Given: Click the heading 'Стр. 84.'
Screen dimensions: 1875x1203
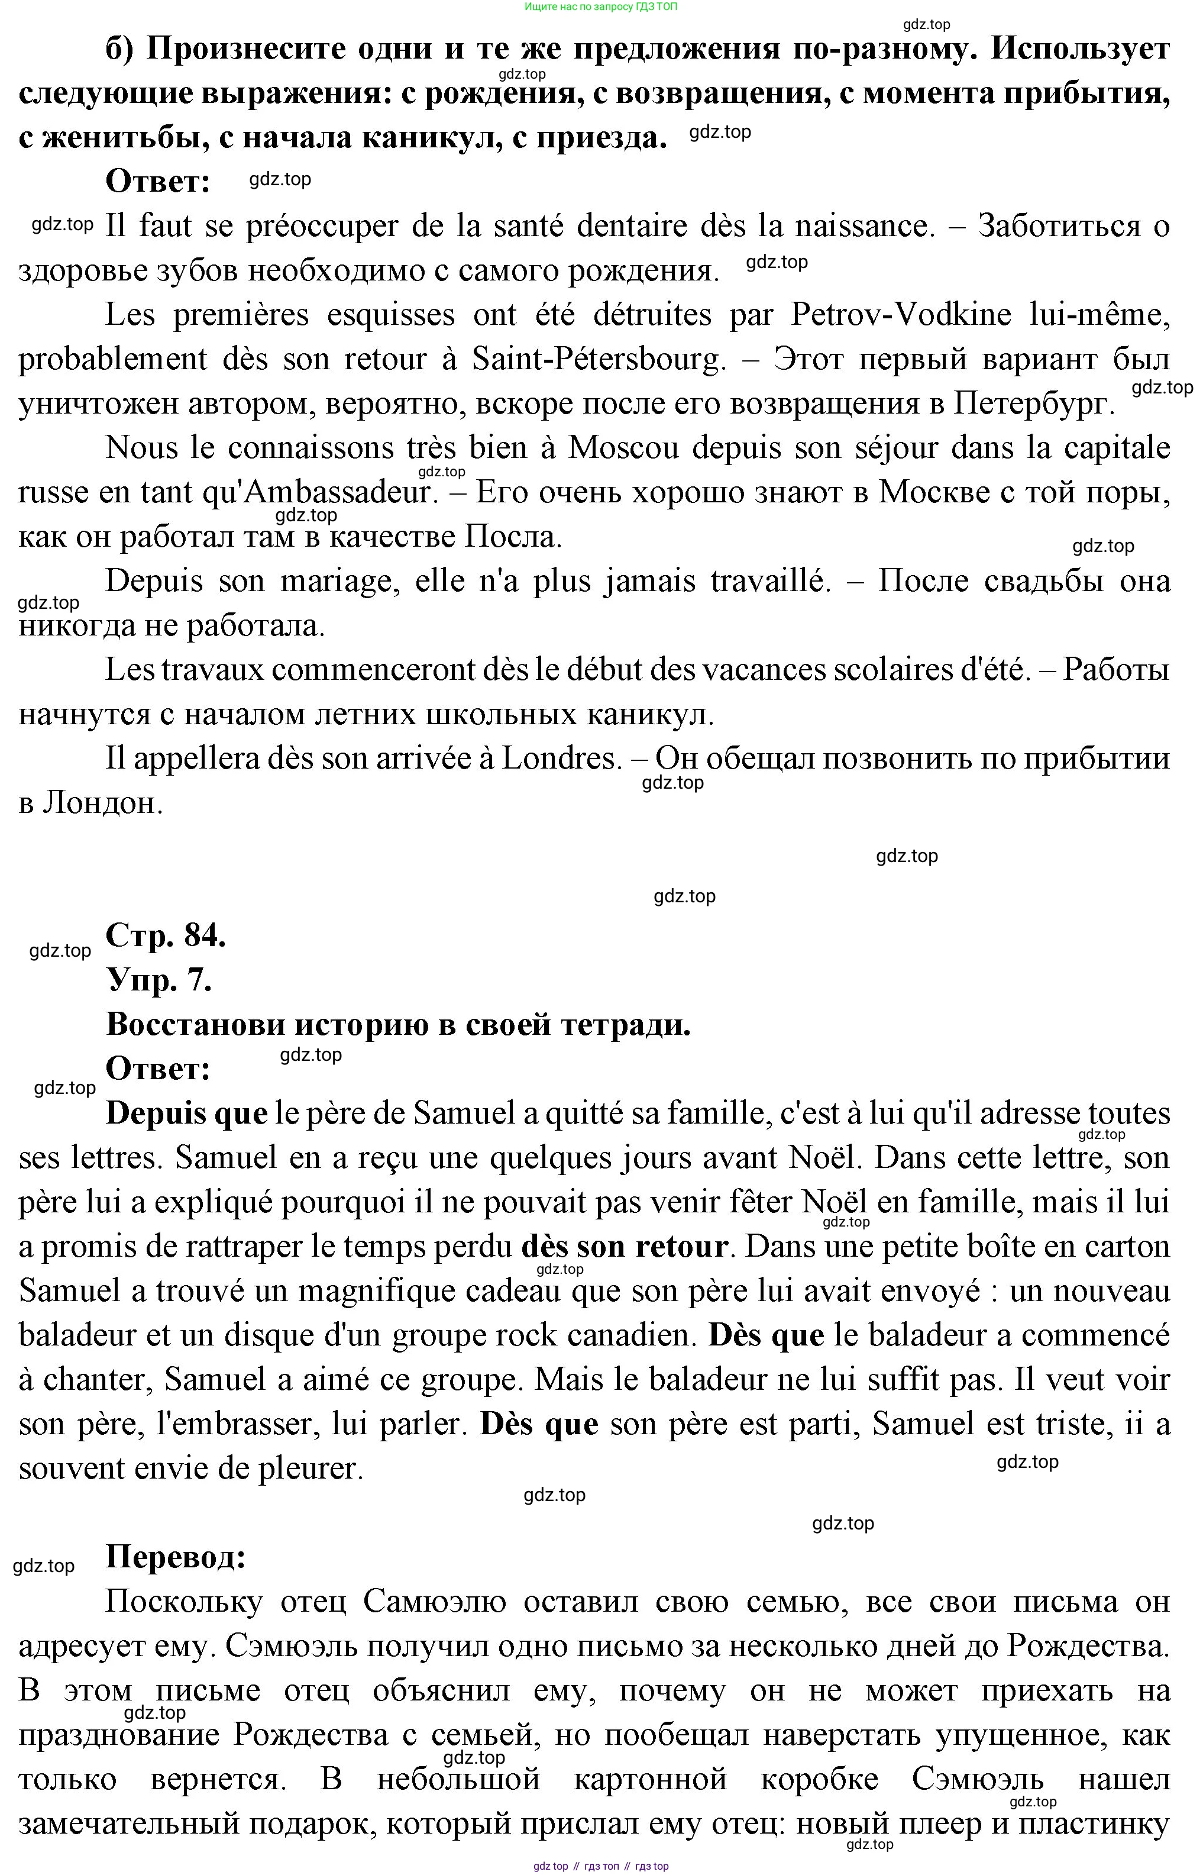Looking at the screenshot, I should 166,935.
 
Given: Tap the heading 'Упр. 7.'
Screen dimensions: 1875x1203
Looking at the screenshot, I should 159,980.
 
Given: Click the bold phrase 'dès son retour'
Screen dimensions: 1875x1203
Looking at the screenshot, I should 624,1247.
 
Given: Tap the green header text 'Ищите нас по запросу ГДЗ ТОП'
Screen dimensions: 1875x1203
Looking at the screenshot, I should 601,7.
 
